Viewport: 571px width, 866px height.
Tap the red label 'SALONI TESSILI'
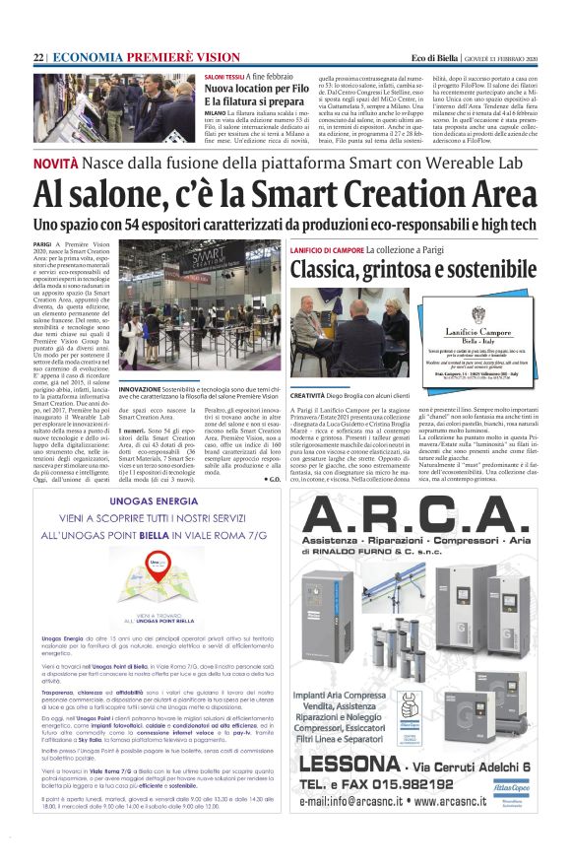point(224,75)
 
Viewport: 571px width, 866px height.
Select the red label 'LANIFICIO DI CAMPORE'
point(327,250)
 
